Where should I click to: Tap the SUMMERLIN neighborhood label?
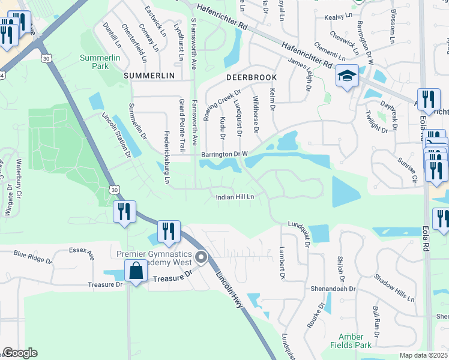click(149, 76)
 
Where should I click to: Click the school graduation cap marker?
click(347, 77)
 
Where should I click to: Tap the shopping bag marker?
click(136, 271)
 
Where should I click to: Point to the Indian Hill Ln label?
click(236, 197)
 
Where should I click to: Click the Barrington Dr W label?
click(224, 154)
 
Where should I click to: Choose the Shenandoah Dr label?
click(333, 289)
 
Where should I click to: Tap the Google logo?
click(20, 353)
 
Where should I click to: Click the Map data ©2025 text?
click(423, 355)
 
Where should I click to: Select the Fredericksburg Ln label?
click(167, 154)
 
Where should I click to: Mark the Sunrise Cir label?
click(406, 170)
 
